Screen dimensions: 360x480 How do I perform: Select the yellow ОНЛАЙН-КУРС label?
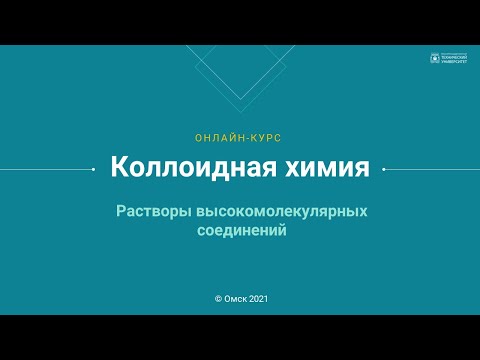240,136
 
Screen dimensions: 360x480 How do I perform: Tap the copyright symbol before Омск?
218,298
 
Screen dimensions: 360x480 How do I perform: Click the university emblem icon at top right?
433,58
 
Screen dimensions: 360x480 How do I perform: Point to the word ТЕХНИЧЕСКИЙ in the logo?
453,58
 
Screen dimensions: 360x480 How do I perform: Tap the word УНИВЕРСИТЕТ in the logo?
453,62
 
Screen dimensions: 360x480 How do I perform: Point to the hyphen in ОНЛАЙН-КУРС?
240,136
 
